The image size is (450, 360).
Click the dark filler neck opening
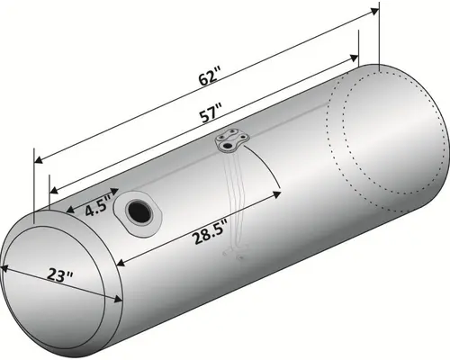(x=141, y=211)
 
